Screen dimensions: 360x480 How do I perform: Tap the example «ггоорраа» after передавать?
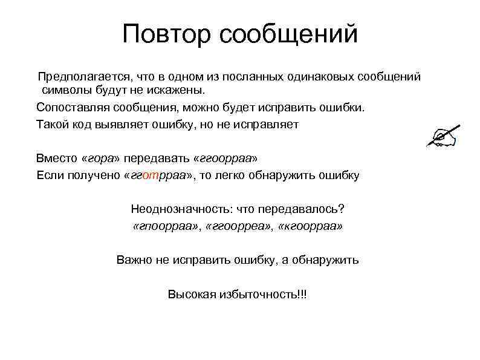pos(225,159)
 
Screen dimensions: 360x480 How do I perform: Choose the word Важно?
pos(132,260)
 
